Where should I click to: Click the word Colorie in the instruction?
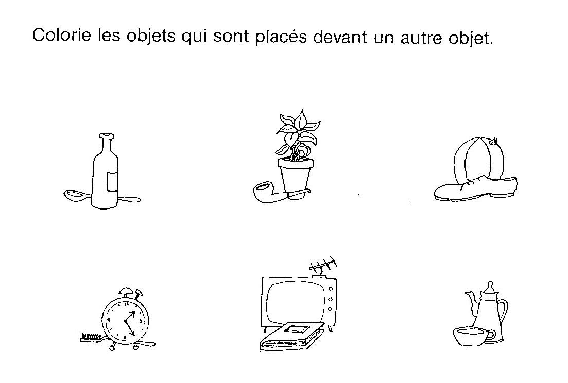point(62,35)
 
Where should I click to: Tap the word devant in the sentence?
point(340,37)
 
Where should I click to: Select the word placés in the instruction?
point(281,37)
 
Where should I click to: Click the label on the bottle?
point(112,182)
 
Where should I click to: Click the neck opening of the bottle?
point(106,136)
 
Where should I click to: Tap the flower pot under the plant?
point(296,175)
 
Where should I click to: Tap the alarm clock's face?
point(125,321)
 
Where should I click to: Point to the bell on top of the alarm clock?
point(127,291)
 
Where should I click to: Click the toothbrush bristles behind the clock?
point(90,336)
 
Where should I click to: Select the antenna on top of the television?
point(323,267)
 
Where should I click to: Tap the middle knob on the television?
point(330,299)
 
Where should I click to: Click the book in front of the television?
point(291,336)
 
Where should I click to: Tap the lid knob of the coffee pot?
point(490,285)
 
